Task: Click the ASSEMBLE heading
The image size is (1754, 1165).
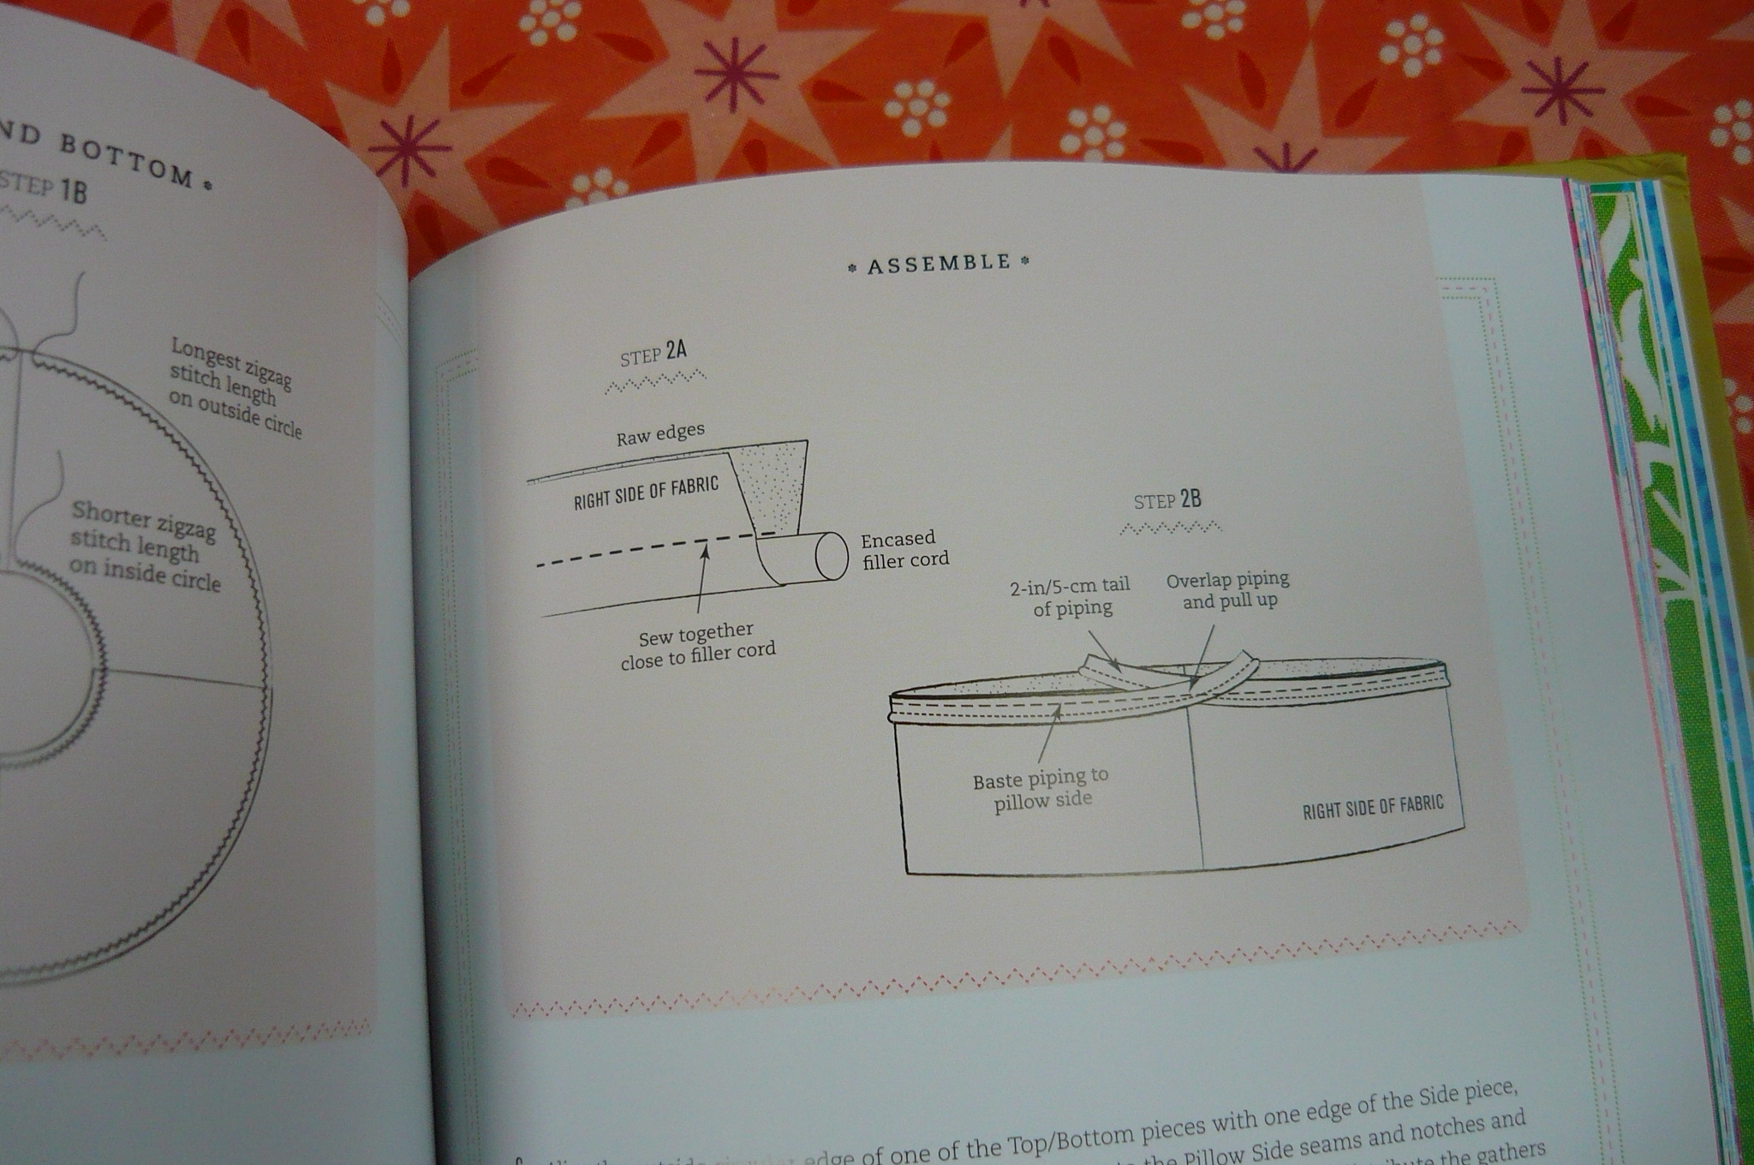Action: [939, 264]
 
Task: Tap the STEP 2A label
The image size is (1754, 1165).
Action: [653, 353]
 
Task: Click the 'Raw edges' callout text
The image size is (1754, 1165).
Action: [660, 434]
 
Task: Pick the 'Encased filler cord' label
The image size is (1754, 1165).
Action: [904, 549]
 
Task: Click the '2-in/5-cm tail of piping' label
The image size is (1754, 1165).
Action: [1071, 596]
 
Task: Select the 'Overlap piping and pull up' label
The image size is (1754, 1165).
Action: [1228, 589]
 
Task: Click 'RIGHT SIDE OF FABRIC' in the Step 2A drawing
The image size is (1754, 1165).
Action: [646, 493]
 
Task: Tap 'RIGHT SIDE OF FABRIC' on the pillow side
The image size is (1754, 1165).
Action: [1372, 807]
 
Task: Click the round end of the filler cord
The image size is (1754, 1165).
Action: [831, 556]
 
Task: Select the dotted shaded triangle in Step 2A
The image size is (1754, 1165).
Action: [774, 484]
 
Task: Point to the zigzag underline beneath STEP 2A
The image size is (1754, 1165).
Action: [655, 381]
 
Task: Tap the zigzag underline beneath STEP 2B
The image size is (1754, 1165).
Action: [1170, 527]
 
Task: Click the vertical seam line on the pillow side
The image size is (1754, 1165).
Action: [1194, 788]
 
